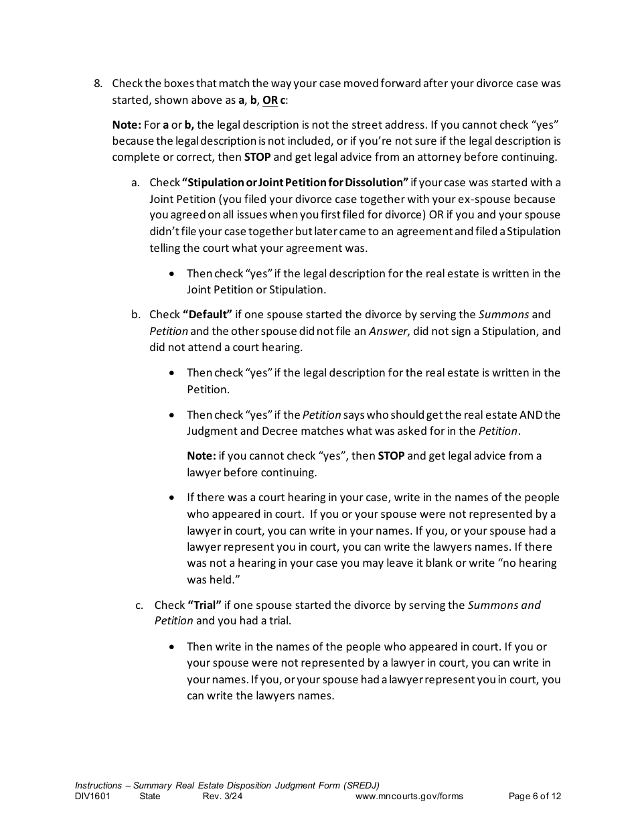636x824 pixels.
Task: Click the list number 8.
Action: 97,84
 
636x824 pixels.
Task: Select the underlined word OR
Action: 270,100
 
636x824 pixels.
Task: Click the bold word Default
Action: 208,314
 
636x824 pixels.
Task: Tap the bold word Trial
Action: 205,605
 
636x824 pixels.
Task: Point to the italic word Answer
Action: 388,331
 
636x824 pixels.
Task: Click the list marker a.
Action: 135,182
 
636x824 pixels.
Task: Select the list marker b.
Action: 135,314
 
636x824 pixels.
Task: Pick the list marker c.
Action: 139,605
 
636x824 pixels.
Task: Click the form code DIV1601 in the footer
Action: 92,797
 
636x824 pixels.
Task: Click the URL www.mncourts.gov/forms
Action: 409,797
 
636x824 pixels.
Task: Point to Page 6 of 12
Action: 535,797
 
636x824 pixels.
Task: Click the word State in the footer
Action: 150,797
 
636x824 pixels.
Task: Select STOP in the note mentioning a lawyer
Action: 391,456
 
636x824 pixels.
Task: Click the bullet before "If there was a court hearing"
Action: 173,498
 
